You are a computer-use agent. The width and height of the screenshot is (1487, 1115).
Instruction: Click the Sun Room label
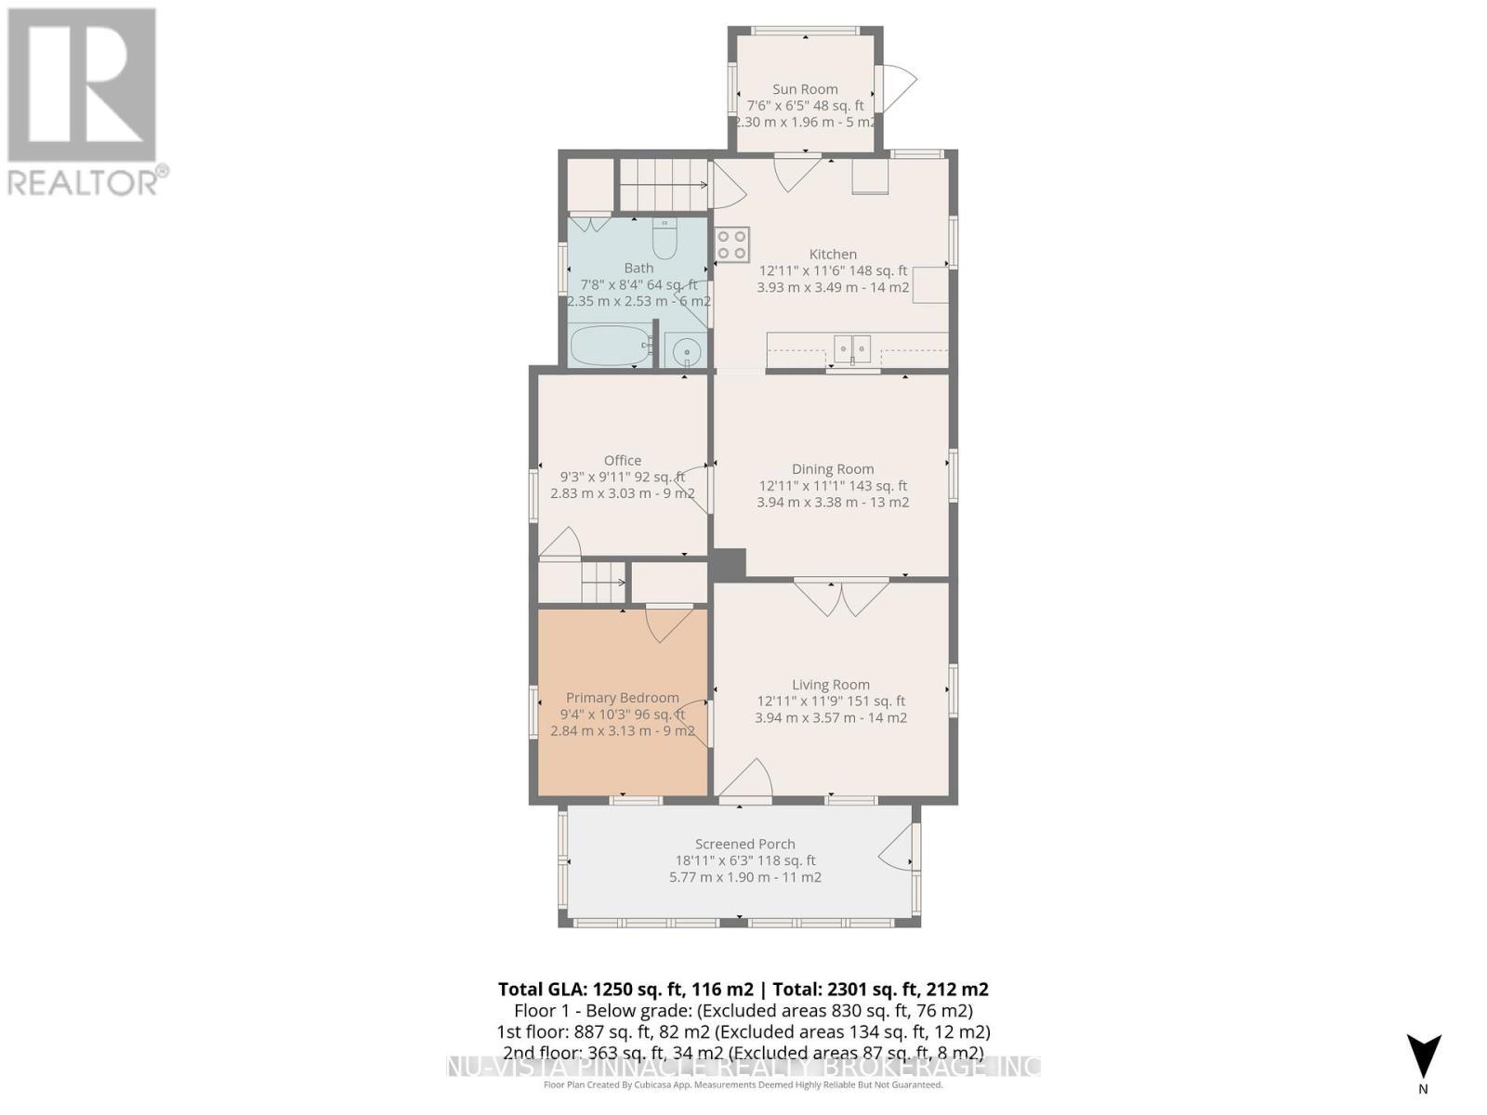[805, 89]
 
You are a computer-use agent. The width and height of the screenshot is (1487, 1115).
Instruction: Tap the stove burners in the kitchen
[731, 244]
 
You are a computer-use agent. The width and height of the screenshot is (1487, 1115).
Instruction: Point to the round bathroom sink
[687, 351]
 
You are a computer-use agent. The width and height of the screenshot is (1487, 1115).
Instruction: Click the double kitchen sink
[852, 349]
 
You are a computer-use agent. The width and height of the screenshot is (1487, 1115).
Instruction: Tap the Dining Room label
[832, 469]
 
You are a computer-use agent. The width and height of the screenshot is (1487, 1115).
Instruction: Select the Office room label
[622, 460]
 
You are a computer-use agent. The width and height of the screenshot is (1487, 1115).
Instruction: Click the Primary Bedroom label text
[622, 698]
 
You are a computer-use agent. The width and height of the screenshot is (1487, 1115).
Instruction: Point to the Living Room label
[830, 685]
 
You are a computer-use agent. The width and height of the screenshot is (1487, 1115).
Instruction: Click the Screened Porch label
[744, 844]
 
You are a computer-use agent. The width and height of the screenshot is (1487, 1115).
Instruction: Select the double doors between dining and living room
[842, 597]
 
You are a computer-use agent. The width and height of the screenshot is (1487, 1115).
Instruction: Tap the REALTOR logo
[84, 100]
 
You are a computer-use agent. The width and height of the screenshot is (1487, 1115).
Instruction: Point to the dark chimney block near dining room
[729, 564]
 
